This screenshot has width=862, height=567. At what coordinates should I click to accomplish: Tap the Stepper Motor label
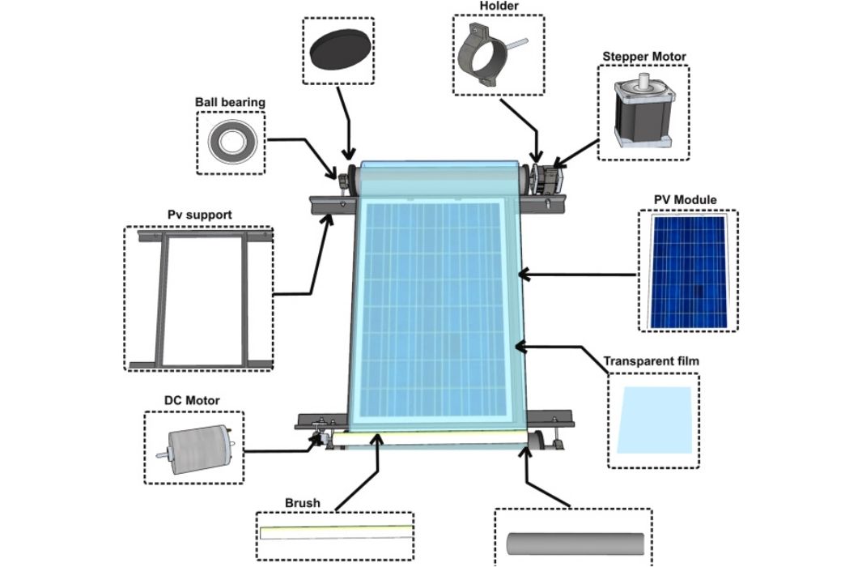pos(643,57)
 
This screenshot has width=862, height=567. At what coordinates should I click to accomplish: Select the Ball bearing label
pos(230,103)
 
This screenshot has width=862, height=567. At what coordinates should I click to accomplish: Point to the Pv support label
pos(200,215)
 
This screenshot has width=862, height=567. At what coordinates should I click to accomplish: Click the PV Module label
pos(685,200)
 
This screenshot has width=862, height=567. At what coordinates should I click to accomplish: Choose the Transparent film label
pos(651,360)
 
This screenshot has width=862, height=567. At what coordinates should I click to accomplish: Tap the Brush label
pos(302,503)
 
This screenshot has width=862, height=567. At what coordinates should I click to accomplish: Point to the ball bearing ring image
pos(230,143)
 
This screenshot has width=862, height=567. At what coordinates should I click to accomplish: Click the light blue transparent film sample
pos(655,419)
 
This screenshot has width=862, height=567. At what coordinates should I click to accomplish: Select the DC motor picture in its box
pos(194,449)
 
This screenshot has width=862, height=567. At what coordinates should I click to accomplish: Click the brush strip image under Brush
pos(336,533)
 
